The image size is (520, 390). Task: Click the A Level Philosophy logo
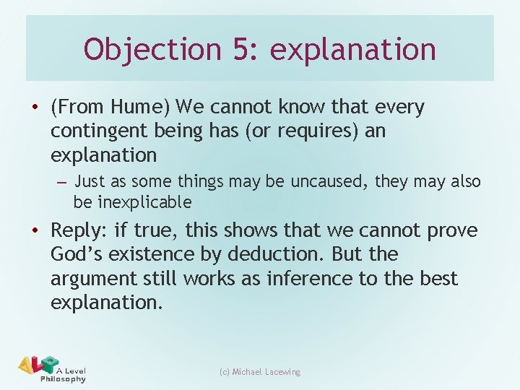pos(53,369)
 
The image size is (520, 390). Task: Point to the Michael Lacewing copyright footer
pos(260,372)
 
